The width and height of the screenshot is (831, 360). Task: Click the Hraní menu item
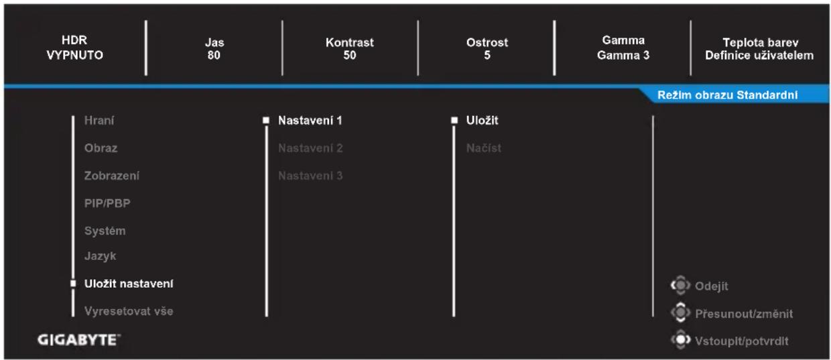[x=99, y=121]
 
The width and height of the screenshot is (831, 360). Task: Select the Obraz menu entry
[x=101, y=148]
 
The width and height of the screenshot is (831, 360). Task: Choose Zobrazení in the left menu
[x=112, y=176]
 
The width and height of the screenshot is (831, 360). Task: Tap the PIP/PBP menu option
[x=107, y=203]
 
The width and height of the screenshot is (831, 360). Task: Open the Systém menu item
[x=105, y=231]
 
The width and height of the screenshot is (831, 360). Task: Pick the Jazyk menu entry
[x=100, y=256]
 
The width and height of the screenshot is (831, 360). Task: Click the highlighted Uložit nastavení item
[x=129, y=284]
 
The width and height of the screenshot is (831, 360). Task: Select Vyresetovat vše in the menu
[x=129, y=311]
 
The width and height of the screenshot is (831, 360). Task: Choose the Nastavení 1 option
[x=310, y=121]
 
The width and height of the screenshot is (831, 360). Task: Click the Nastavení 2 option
[x=310, y=148]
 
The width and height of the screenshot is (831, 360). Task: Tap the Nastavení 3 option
[x=310, y=176]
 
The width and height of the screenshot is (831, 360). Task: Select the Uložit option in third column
[x=483, y=120]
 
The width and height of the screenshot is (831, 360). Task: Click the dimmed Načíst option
[x=484, y=148]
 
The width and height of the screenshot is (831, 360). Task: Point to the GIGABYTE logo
[x=79, y=340]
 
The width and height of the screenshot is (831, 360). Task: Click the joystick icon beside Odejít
[x=680, y=286]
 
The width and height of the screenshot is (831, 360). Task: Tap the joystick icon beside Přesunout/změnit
[x=680, y=312]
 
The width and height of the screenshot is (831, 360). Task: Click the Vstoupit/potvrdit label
[x=742, y=341]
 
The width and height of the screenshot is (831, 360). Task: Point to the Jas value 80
[x=214, y=55]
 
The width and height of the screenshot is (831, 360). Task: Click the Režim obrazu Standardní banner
[x=728, y=95]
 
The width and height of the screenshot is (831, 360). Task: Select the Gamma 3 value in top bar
[x=623, y=55]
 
